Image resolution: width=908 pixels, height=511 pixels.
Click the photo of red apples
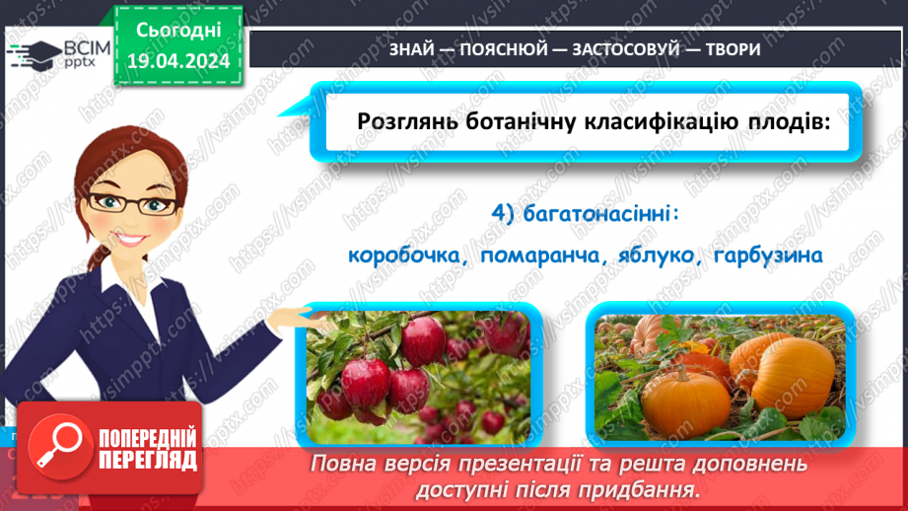pos(418,376)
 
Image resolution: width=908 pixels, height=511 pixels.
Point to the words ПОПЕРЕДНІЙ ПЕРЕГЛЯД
pos(148,449)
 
